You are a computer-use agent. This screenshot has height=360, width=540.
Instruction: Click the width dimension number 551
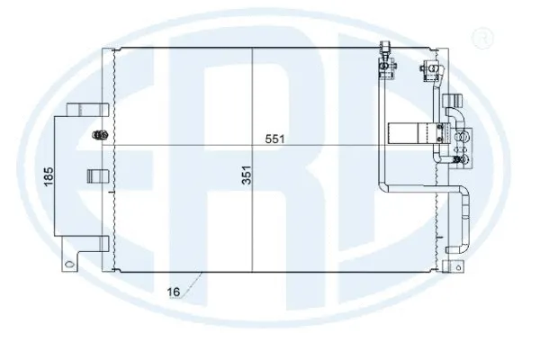click(276, 139)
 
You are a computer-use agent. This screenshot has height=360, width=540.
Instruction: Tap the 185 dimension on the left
click(49, 175)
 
